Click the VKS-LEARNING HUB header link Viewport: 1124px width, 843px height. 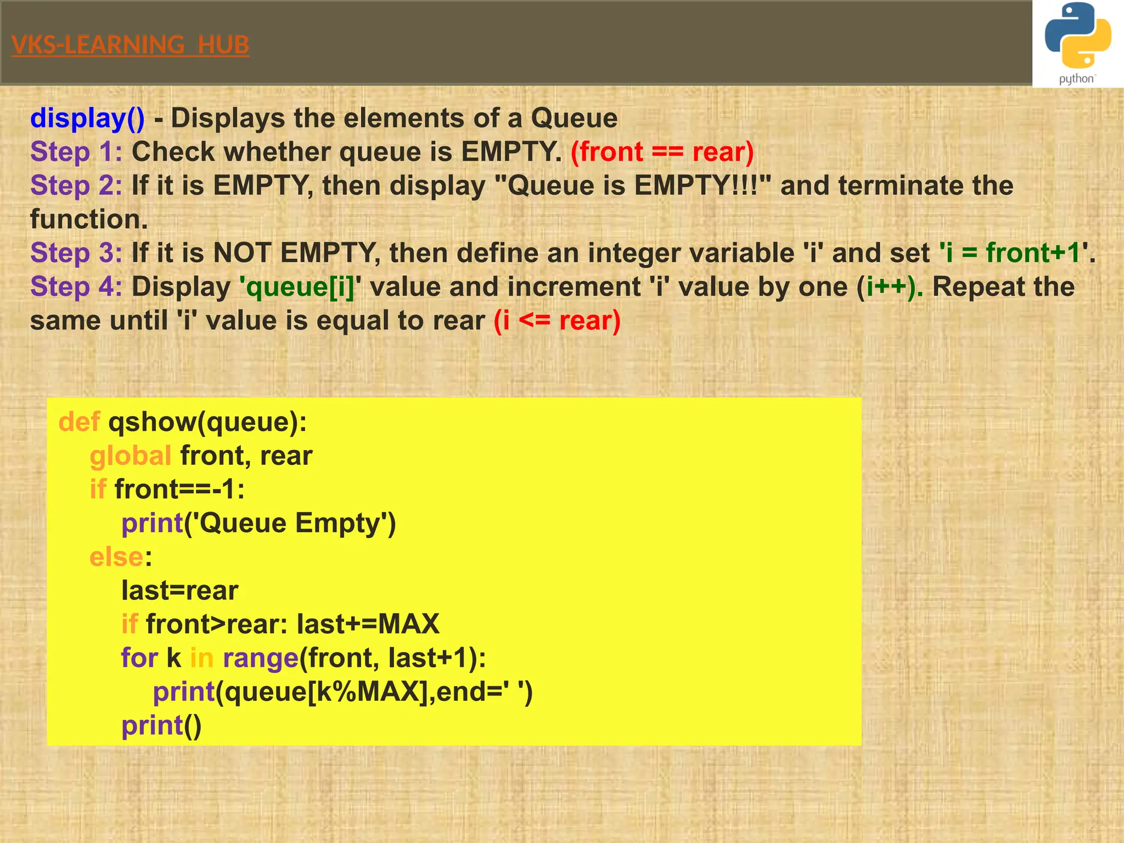(x=130, y=45)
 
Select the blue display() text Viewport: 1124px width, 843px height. (x=87, y=118)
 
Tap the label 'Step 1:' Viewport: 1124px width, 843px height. (x=76, y=152)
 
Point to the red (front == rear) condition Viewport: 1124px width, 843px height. (x=662, y=152)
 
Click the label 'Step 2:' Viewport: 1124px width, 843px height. (x=76, y=186)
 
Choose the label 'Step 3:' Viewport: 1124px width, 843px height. (x=76, y=253)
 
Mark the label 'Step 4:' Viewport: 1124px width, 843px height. (x=76, y=287)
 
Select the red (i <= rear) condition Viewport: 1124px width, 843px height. (x=557, y=321)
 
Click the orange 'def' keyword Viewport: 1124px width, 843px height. (x=79, y=422)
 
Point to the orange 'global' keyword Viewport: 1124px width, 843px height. (x=131, y=456)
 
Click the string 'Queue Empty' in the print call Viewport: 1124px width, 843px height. (x=290, y=523)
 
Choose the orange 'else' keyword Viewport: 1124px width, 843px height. (x=116, y=557)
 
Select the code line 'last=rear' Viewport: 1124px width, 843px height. (x=179, y=591)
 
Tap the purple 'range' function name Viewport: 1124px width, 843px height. (x=260, y=658)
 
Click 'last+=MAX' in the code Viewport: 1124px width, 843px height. (x=368, y=624)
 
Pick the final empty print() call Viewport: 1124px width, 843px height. (x=161, y=726)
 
